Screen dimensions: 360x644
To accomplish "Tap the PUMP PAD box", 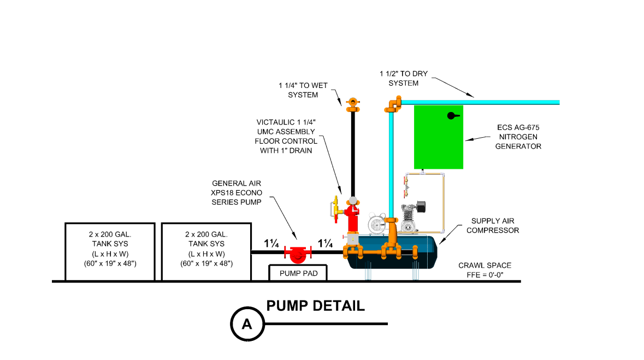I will click(298, 272).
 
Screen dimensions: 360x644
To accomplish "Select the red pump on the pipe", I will click(298, 253).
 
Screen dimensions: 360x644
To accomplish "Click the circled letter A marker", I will click(246, 323).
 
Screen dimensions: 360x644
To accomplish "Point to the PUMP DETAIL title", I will click(315, 305).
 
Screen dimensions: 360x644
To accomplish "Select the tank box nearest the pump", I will click(206, 252).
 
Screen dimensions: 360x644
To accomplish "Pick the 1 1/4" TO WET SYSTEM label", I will click(298, 90).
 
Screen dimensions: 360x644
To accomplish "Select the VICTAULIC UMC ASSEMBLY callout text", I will click(286, 136).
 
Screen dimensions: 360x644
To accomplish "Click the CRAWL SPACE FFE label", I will click(485, 270).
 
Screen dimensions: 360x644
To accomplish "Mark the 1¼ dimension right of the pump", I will click(326, 244).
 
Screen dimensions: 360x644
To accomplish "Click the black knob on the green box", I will click(451, 115).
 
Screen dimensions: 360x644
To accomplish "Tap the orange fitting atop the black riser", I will click(353, 102).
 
